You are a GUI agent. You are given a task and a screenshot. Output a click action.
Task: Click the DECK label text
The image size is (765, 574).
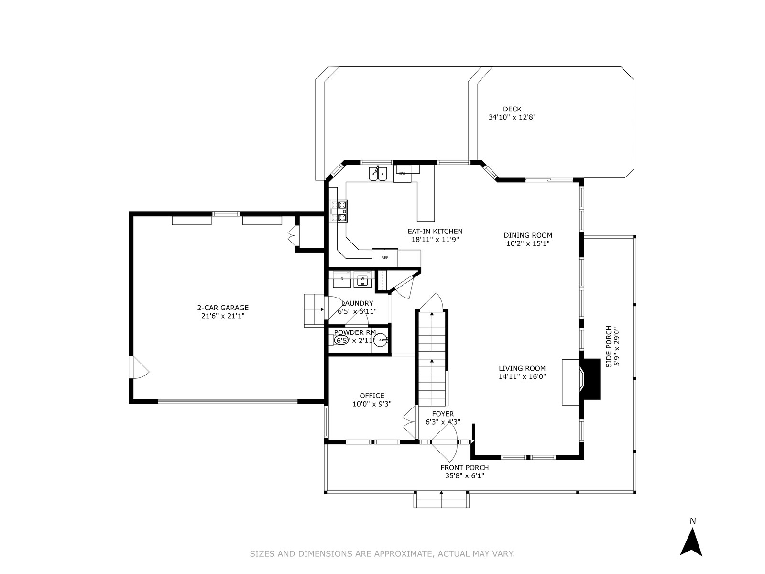[x=512, y=109]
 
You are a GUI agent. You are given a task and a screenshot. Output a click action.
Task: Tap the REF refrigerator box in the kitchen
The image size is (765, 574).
[x=385, y=258]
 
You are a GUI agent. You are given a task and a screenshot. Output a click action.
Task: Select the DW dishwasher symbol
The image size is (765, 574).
[x=402, y=173]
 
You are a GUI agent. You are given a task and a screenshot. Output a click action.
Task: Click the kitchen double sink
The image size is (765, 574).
[x=378, y=174]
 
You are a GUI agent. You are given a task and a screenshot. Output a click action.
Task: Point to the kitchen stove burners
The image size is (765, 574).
[x=339, y=211]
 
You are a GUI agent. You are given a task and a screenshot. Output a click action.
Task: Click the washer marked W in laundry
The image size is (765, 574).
[x=362, y=279]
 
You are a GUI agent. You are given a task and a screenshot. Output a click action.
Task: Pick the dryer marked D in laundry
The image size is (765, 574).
[x=342, y=279]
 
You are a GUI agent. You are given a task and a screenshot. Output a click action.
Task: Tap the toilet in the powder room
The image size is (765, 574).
[x=338, y=340]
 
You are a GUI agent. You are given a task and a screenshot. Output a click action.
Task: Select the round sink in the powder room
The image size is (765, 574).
[x=380, y=340]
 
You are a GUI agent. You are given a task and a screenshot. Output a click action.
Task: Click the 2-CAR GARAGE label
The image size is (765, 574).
[x=223, y=308]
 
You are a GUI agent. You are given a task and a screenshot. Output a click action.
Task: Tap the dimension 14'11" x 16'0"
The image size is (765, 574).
[x=522, y=376]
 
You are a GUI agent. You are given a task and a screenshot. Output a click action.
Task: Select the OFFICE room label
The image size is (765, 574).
[x=372, y=396]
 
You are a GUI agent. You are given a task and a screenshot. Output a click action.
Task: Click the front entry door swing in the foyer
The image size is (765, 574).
[x=444, y=443]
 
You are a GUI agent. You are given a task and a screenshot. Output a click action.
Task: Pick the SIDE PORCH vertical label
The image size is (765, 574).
[x=609, y=346]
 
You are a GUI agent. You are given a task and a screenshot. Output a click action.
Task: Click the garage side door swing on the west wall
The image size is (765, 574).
[x=139, y=367]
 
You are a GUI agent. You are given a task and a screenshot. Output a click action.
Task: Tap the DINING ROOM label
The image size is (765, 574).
[x=528, y=235]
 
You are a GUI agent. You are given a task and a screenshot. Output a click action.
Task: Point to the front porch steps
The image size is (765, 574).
[x=441, y=500]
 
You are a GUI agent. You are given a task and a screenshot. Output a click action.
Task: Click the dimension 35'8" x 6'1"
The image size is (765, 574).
[x=465, y=476]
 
